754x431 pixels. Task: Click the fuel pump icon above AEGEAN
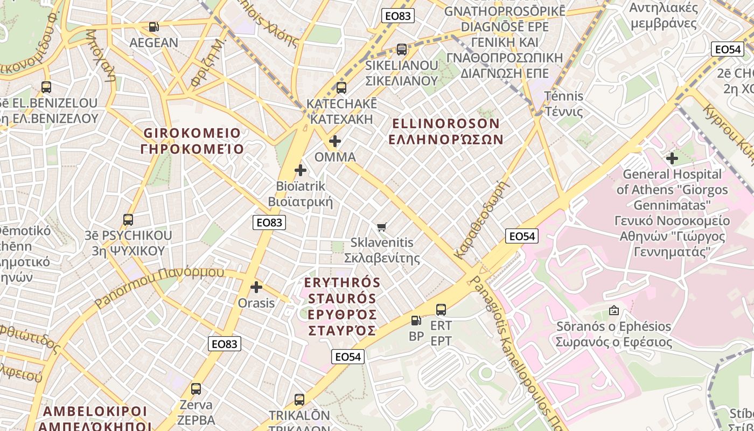click(x=153, y=26)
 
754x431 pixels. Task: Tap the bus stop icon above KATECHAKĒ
click(x=341, y=87)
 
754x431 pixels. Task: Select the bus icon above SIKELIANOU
click(x=401, y=50)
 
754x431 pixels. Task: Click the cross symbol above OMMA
click(x=334, y=141)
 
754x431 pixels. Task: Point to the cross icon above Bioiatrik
click(x=301, y=171)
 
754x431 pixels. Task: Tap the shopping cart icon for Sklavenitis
click(x=382, y=227)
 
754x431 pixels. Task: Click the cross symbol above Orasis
click(x=256, y=287)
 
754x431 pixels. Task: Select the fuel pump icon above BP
click(x=416, y=321)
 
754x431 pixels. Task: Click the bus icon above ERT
click(x=441, y=310)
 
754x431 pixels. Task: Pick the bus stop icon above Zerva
click(x=196, y=389)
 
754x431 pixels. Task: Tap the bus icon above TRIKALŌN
click(x=299, y=400)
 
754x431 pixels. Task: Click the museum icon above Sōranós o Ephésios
click(x=613, y=310)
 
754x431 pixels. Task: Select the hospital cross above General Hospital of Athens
click(x=672, y=158)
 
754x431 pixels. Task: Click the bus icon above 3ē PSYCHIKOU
click(x=128, y=220)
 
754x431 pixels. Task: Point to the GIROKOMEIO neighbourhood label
click(x=192, y=140)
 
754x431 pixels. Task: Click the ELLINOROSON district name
click(x=445, y=131)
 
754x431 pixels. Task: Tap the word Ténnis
click(x=563, y=96)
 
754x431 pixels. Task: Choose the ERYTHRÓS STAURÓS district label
click(x=342, y=306)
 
